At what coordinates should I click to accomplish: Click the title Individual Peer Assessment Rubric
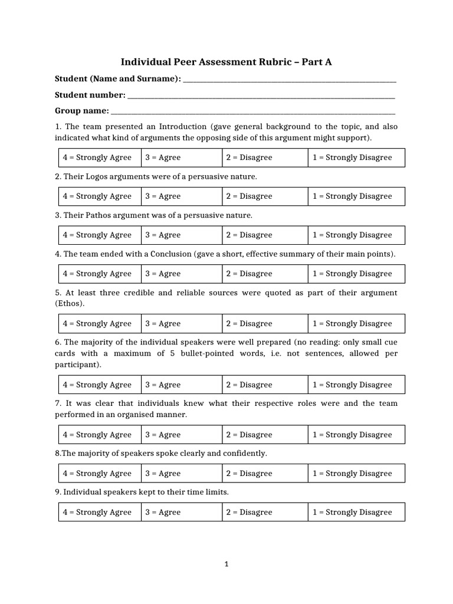pyautogui.click(x=226, y=62)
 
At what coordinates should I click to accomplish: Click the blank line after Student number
pyautogui.click(x=261, y=97)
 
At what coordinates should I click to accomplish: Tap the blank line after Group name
pyautogui.click(x=252, y=112)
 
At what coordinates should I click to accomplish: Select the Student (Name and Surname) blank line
pyautogui.click(x=289, y=81)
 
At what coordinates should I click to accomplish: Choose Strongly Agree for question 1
pyautogui.click(x=98, y=157)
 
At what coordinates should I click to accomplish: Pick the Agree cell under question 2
pyautogui.click(x=182, y=196)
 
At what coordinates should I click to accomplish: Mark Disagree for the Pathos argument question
pyautogui.click(x=265, y=235)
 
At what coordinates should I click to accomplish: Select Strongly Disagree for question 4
pyautogui.click(x=356, y=274)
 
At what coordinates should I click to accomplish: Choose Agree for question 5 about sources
pyautogui.click(x=182, y=324)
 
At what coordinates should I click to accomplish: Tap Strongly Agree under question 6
pyautogui.click(x=98, y=385)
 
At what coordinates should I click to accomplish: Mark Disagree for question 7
pyautogui.click(x=265, y=435)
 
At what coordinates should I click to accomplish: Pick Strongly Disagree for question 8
pyautogui.click(x=356, y=474)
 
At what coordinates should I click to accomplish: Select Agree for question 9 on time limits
pyautogui.click(x=182, y=513)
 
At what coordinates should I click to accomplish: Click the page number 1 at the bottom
pyautogui.click(x=226, y=564)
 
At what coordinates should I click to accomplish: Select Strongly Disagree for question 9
pyautogui.click(x=356, y=513)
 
